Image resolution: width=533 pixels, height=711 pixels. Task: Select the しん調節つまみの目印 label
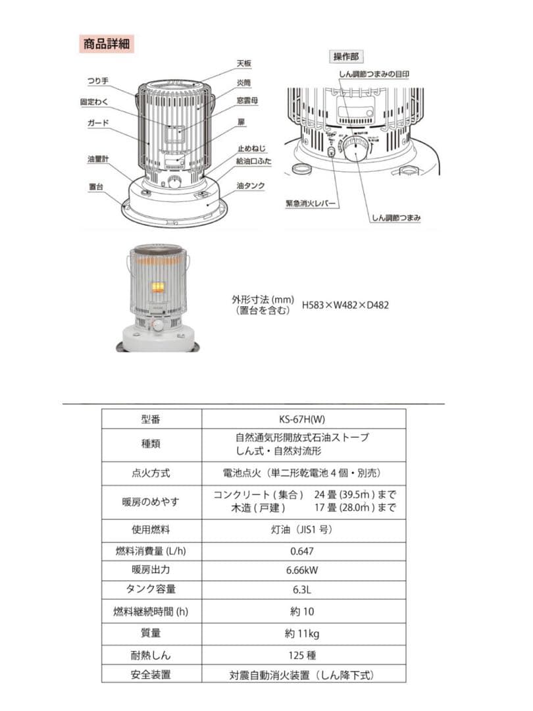(373, 75)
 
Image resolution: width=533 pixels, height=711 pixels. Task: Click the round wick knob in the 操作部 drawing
(358, 152)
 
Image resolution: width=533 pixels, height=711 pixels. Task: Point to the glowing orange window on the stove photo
(158, 287)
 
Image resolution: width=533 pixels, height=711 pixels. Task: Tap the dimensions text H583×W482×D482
(345, 305)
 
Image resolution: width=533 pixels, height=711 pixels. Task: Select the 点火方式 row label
(151, 473)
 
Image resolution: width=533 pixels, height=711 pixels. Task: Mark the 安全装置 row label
(151, 674)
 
